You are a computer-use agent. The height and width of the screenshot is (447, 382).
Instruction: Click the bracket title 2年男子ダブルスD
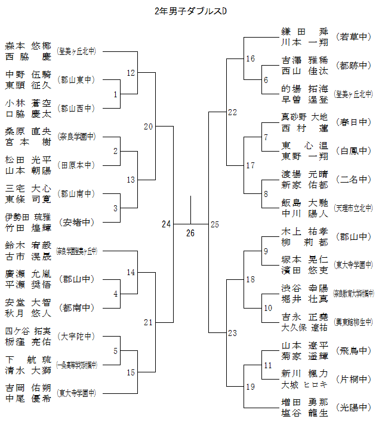pyautogui.click(x=190, y=11)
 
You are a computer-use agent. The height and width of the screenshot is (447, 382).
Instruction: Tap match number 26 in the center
pyautogui.click(x=190, y=233)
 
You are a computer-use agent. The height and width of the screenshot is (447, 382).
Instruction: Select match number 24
pyautogui.click(x=166, y=224)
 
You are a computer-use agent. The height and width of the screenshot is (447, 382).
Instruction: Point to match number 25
pyautogui.click(x=215, y=224)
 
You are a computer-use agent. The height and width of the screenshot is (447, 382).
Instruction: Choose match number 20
pyautogui.click(x=149, y=127)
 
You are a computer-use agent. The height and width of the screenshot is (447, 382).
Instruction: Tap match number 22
pyautogui.click(x=232, y=112)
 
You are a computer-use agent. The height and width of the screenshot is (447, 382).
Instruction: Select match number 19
pyautogui.click(x=250, y=387)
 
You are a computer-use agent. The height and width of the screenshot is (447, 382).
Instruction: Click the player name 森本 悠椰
pyautogui.click(x=28, y=45)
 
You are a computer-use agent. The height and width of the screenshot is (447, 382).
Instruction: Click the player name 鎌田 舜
pyautogui.click(x=304, y=32)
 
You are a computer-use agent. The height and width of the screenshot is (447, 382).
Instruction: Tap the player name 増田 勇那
pyautogui.click(x=304, y=402)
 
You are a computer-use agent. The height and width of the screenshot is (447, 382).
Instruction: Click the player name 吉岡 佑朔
pyautogui.click(x=28, y=387)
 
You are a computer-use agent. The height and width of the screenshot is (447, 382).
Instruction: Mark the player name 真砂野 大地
pyautogui.click(x=304, y=117)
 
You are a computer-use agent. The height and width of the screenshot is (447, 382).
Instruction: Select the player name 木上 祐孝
pyautogui.click(x=304, y=232)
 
